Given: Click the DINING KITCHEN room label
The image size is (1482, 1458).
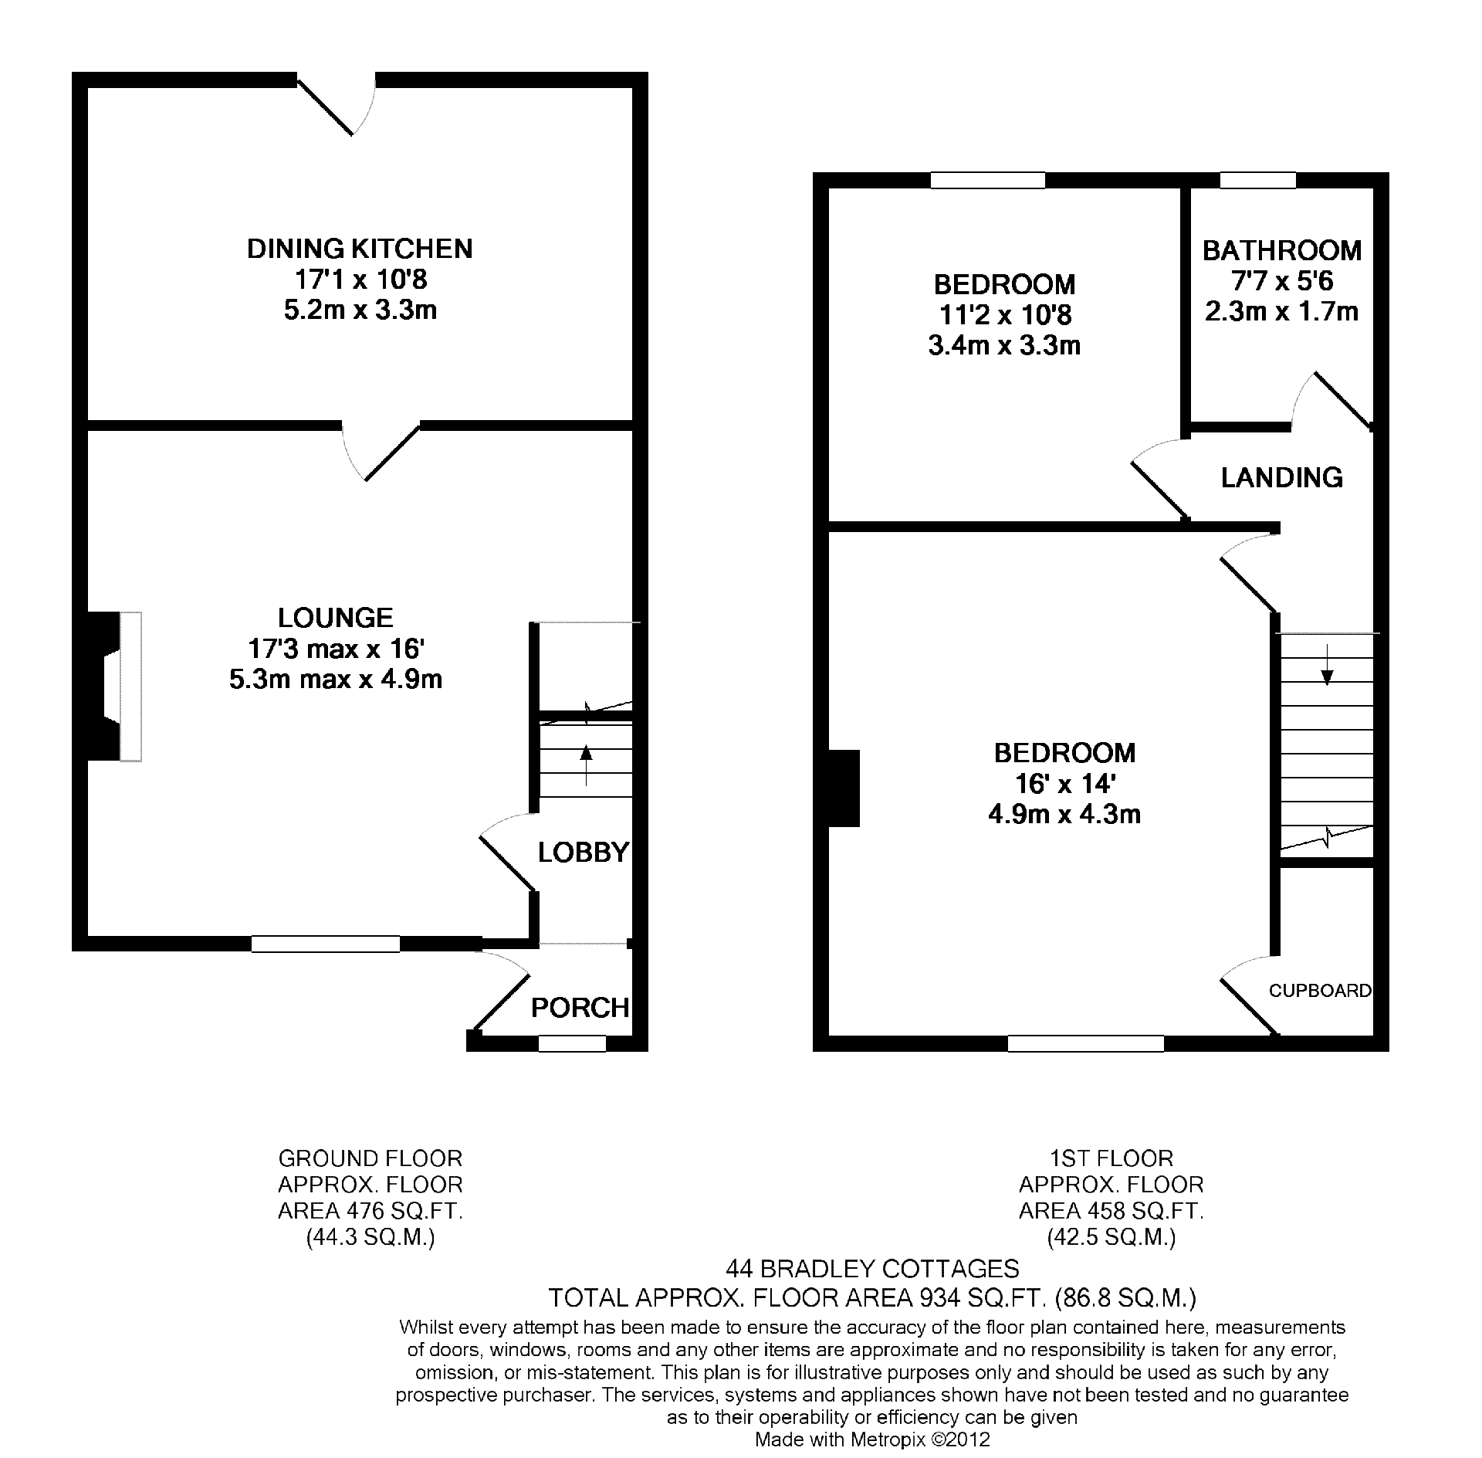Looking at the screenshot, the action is pos(360,249).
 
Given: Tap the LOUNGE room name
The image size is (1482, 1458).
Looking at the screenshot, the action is pos(336,618).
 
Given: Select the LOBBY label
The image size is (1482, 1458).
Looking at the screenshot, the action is pos(584,853).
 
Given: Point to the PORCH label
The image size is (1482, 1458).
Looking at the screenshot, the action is pos(580,1008).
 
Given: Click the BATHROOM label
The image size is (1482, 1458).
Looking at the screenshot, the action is pos(1282,250).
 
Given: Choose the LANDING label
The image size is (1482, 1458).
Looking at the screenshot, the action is pos(1282,478).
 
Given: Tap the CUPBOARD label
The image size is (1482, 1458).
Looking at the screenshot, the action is pos(1321,991).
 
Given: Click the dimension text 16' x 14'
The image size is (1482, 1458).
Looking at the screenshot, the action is pos(1065,784).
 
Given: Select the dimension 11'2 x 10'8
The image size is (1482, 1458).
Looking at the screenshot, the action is pos(1005,315).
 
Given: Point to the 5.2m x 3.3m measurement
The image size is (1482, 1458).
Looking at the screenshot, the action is pos(360,310).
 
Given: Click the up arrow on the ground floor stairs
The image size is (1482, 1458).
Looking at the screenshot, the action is pos(586,765).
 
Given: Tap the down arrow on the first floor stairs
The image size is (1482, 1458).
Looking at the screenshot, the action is pos(1327,664).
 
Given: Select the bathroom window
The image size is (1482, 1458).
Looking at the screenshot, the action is pos(1258,180).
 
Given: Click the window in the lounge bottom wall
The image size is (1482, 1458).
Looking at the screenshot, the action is pos(326,943).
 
